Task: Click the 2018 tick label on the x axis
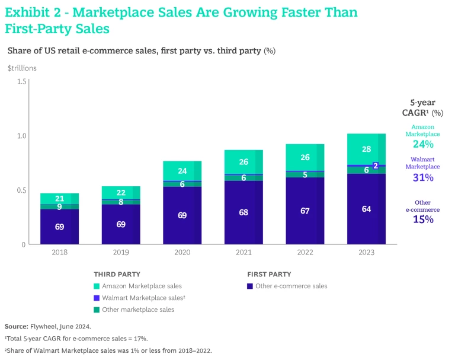[x=59, y=252]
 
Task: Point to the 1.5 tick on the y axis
[x=22, y=81]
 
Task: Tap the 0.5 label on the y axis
[x=22, y=190]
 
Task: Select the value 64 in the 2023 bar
[x=367, y=208]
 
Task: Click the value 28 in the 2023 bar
[x=367, y=149]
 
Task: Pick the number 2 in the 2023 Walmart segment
[x=376, y=165]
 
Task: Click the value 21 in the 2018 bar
[x=59, y=199]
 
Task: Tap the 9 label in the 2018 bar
[x=59, y=207]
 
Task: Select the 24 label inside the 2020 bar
[x=182, y=171]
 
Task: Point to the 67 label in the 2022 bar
[x=305, y=211]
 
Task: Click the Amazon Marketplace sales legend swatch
[x=97, y=286]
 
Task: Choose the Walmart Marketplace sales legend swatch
[x=97, y=298]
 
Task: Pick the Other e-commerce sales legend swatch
[x=250, y=286]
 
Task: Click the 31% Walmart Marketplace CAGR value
[x=423, y=177]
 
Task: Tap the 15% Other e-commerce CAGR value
[x=423, y=219]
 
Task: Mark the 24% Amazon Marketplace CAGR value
[x=423, y=144]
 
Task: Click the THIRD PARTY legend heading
[x=117, y=274]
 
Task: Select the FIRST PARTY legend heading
[x=269, y=274]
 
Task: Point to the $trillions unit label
[x=22, y=68]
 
